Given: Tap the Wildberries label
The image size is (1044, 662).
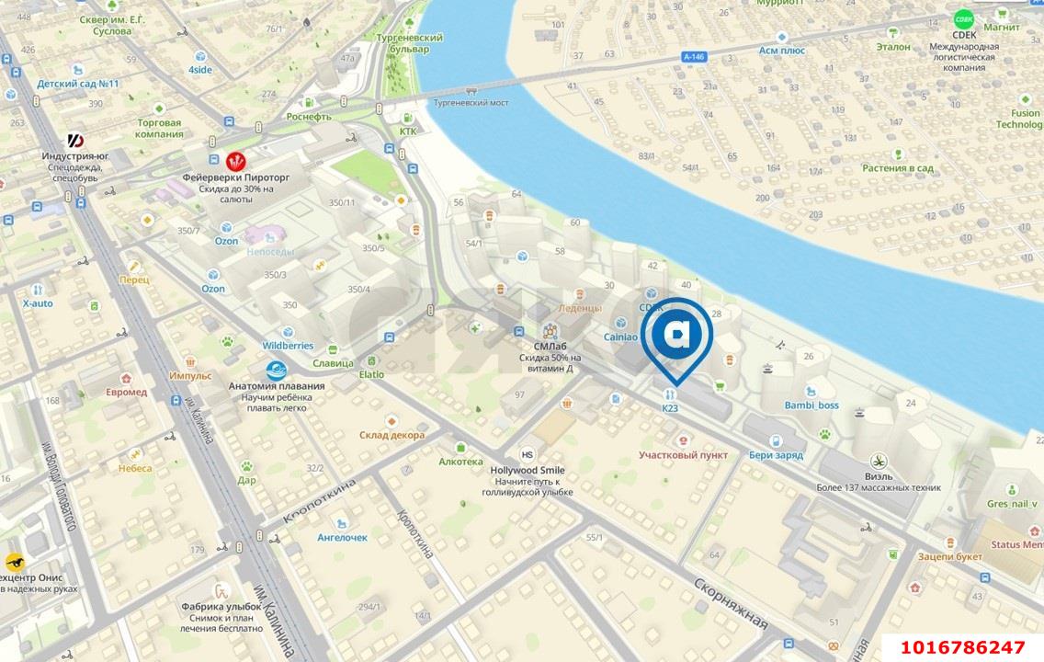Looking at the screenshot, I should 288,346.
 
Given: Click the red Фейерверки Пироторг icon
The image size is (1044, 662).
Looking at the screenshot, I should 236,161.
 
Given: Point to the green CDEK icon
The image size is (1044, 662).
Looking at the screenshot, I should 963,17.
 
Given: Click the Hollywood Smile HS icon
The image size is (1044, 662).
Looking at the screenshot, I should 528,454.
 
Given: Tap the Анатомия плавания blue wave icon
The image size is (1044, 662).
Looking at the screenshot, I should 276,371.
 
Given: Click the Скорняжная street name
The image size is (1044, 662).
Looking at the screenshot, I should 730,604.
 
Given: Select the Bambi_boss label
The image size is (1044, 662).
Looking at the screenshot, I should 811,405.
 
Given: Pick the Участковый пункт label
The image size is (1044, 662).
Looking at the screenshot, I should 683,455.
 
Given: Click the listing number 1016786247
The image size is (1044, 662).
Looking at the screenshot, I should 962,647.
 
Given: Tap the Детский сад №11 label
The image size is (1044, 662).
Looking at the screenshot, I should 78,84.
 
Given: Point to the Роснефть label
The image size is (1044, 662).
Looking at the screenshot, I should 309,117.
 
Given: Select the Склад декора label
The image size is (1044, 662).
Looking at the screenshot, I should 391,435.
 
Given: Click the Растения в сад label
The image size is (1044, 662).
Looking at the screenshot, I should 897,168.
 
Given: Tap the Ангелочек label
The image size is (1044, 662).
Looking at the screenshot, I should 342,537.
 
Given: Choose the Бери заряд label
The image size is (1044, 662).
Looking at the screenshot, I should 776,455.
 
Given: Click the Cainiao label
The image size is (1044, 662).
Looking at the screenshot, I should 620,337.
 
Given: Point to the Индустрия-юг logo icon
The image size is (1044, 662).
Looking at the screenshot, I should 76,141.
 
